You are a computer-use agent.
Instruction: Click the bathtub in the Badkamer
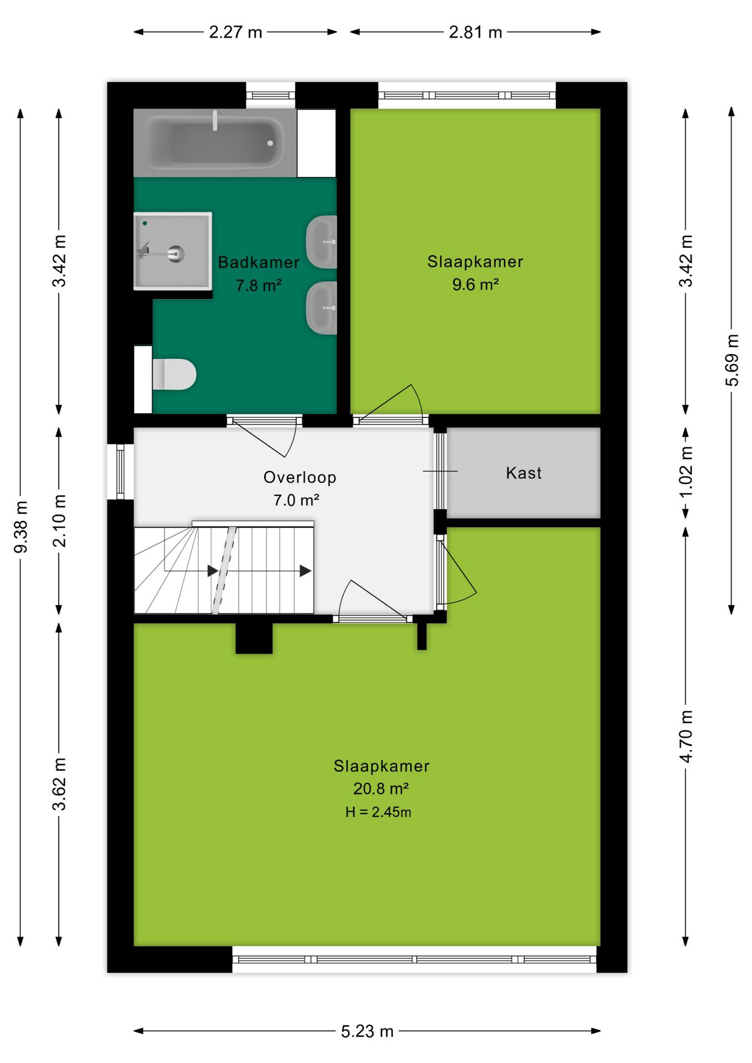coord(215,143)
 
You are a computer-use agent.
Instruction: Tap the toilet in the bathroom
coord(174,374)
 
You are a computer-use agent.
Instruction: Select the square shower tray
coord(173,251)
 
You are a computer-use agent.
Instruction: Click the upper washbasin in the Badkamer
coord(322,242)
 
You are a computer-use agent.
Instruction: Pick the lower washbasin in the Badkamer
coord(322,308)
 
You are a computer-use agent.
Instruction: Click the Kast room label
coord(524,473)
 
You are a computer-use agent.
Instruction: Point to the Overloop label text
coord(300,477)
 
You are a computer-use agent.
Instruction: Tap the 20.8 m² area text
coord(381,788)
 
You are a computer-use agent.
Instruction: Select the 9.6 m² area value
coord(476,285)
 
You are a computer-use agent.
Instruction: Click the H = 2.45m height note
coord(378,812)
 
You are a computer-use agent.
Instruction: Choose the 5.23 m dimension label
coord(367,1031)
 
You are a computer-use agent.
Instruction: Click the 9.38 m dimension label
coord(21,527)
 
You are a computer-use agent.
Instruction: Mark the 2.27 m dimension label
coord(235,32)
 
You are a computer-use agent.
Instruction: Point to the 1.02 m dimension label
coord(686,472)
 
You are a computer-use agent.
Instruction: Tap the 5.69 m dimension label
coord(732,360)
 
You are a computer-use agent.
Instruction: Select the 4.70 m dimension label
coord(686,736)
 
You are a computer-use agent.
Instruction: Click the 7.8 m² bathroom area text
coord(259,286)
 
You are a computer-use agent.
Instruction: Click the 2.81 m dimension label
coord(475,32)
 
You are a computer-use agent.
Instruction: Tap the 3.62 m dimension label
coord(59,785)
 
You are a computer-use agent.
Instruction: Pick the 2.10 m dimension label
coord(59,521)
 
